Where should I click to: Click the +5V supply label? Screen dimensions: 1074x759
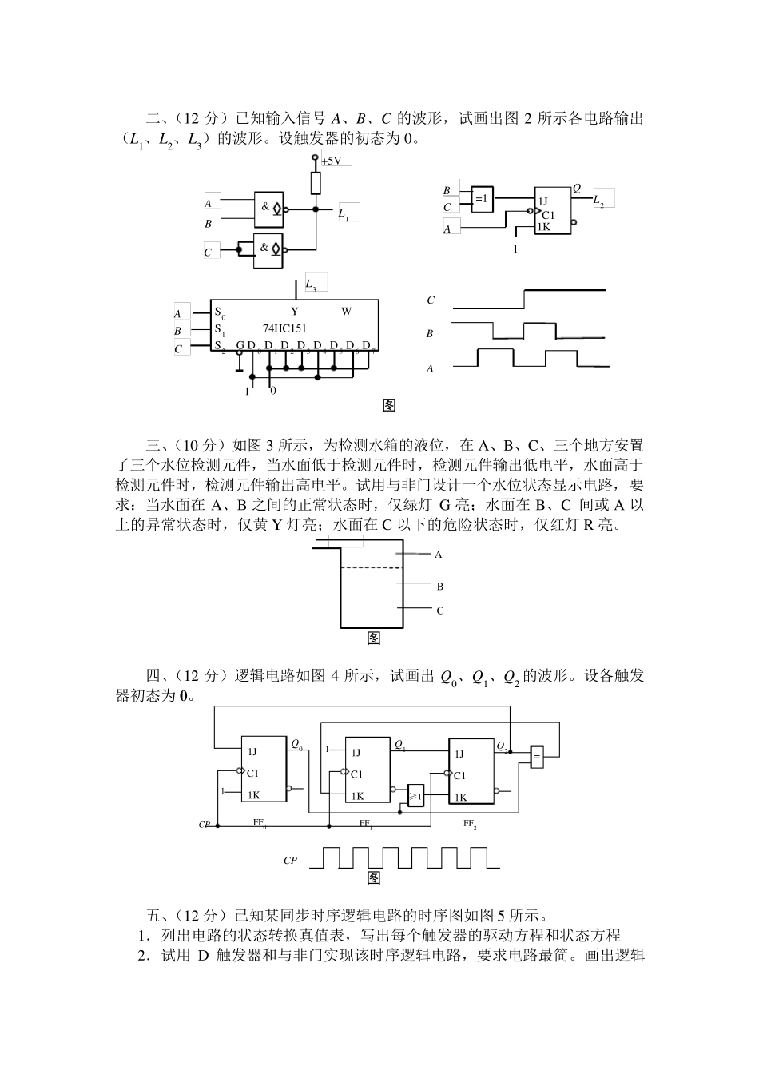[x=332, y=161]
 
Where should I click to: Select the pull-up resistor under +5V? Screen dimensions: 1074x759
[x=316, y=183]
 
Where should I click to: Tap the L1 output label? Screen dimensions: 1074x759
[x=344, y=213]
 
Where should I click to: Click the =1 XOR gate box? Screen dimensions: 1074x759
[x=483, y=198]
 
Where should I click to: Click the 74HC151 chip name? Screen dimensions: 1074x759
[x=284, y=328]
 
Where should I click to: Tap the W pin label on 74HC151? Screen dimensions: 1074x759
[x=346, y=312]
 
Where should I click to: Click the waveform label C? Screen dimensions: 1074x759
[x=431, y=300]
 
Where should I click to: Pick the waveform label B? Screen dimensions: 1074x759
[x=430, y=335]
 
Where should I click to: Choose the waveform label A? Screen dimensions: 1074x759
[x=430, y=368]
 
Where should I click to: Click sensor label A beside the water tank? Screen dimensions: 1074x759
[x=438, y=554]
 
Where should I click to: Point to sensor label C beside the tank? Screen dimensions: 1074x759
[x=439, y=611]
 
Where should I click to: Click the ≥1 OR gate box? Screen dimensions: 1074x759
[x=415, y=794]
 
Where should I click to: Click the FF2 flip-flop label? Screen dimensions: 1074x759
[x=470, y=823]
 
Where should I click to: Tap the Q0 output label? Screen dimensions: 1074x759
[x=296, y=745]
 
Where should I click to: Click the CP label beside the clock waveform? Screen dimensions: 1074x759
[x=291, y=861]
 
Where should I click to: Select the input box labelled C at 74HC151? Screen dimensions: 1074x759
[x=183, y=349]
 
